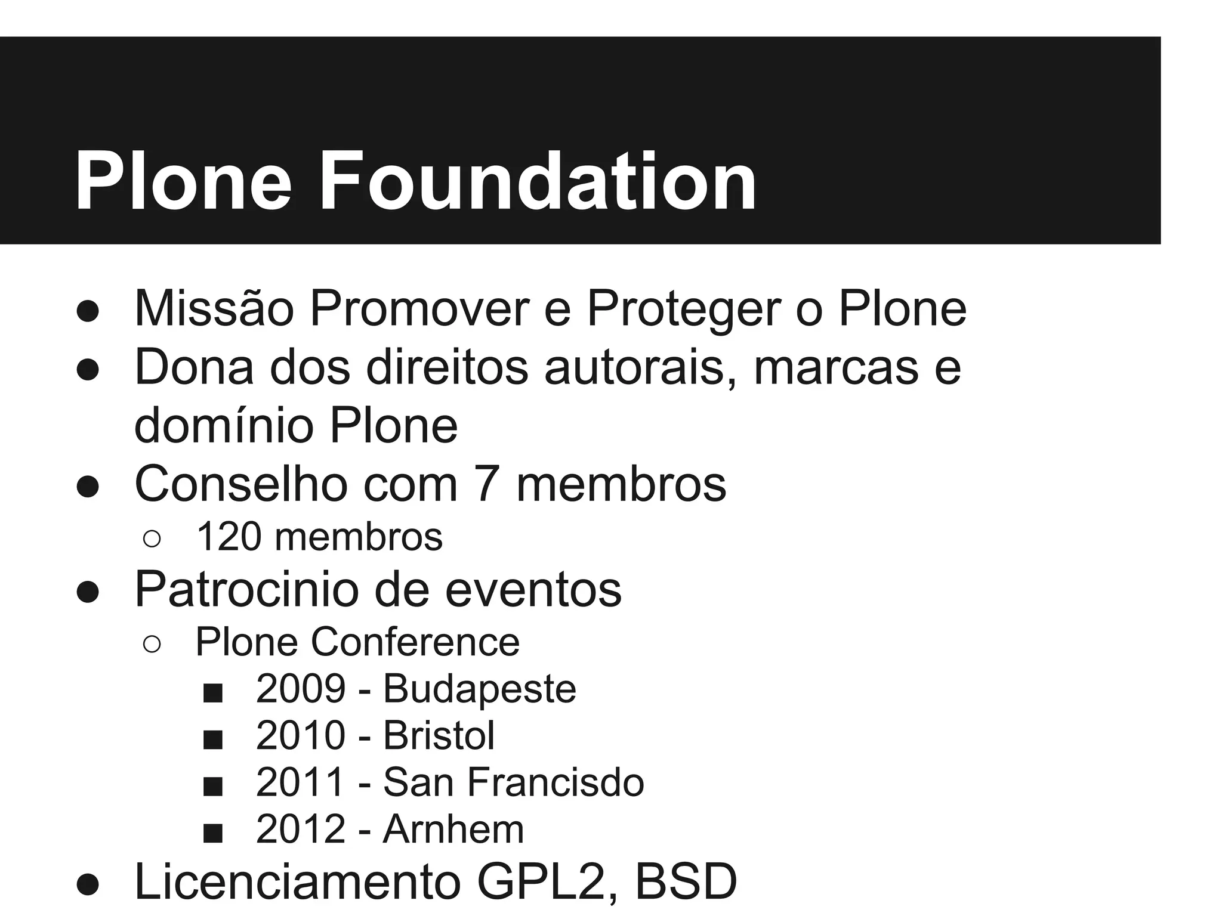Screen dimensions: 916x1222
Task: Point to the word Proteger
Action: click(x=684, y=308)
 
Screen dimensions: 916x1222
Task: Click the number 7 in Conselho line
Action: click(x=486, y=484)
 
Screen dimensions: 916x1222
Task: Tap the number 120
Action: click(x=229, y=537)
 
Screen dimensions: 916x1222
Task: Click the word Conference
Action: click(x=415, y=642)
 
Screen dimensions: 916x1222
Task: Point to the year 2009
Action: click(x=301, y=689)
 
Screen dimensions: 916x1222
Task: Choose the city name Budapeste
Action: click(x=479, y=689)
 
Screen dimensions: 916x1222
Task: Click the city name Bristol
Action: click(x=439, y=735)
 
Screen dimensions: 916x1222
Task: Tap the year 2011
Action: click(x=301, y=782)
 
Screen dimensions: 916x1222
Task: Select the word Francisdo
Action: click(x=556, y=782)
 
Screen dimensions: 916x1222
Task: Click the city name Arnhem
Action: click(x=453, y=829)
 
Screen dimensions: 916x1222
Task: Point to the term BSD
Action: click(x=686, y=881)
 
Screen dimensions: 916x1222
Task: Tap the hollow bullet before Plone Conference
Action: click(x=152, y=645)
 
